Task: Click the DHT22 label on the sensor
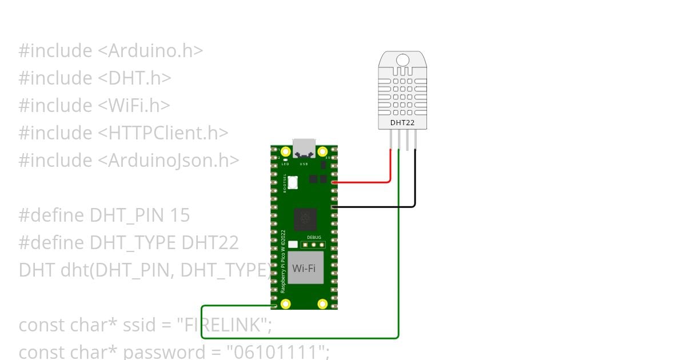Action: click(402, 122)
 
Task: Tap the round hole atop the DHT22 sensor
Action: click(402, 60)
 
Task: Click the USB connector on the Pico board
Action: click(304, 147)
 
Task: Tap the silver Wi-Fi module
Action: click(305, 268)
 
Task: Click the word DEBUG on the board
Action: click(314, 237)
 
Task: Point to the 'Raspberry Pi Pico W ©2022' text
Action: click(283, 262)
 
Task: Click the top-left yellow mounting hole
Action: click(286, 152)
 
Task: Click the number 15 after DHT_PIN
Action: click(180, 215)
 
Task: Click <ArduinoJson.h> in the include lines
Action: click(168, 161)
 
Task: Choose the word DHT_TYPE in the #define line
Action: click(133, 243)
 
